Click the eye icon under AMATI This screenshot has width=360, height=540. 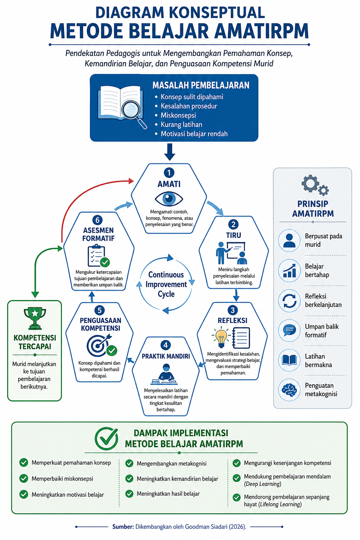[x=169, y=199]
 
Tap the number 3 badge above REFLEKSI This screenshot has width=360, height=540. [x=233, y=310]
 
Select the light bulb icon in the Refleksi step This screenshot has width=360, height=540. [x=221, y=337]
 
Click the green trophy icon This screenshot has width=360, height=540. [x=35, y=318]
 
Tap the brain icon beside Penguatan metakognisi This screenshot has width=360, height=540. [x=289, y=390]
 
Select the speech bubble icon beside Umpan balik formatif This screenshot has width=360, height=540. [x=289, y=330]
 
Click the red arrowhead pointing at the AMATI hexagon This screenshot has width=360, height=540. [x=131, y=181]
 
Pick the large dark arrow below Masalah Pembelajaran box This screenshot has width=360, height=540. [x=169, y=152]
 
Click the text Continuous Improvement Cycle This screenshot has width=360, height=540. [x=166, y=284]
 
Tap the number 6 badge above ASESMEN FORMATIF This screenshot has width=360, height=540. [x=97, y=220]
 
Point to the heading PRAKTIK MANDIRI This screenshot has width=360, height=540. [x=166, y=356]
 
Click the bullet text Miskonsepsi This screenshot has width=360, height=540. [x=178, y=115]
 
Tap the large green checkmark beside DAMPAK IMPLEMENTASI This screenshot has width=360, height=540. [x=106, y=438]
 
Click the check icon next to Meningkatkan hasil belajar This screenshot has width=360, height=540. [x=129, y=494]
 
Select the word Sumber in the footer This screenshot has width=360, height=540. [x=123, y=527]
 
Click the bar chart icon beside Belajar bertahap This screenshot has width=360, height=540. [x=289, y=270]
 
